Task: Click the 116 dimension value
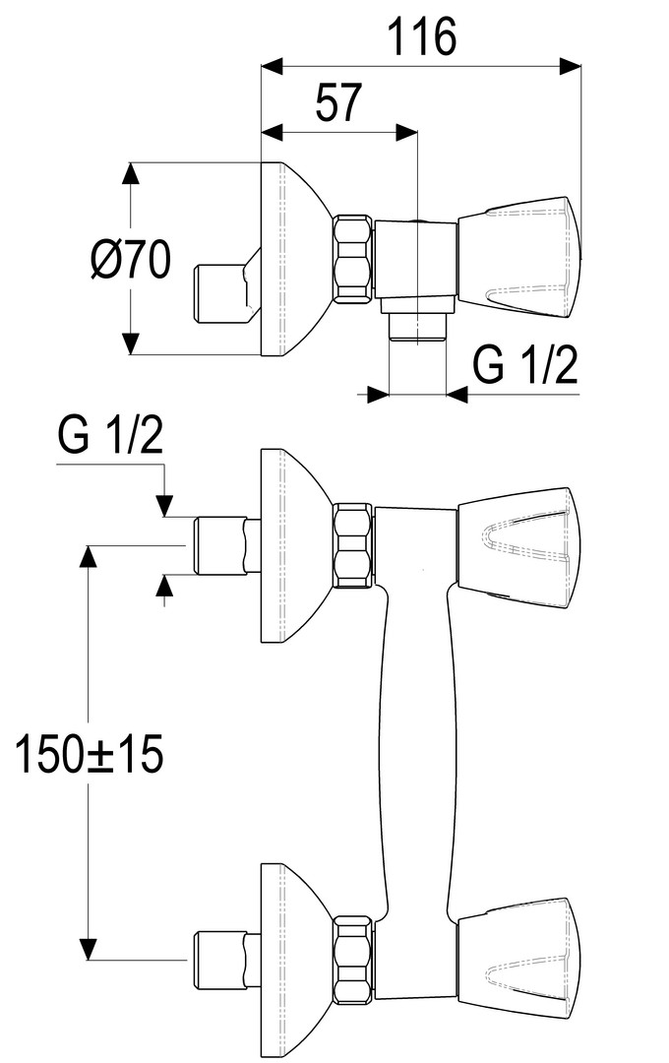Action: (421, 38)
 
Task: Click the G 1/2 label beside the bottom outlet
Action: (524, 366)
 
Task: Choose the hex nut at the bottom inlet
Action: (352, 960)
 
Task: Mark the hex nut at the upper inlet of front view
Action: (352, 546)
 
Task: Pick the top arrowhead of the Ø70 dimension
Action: (130, 173)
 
